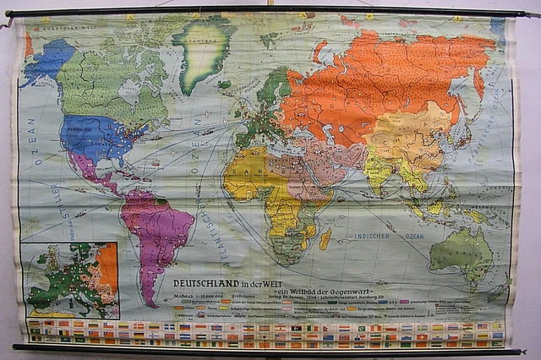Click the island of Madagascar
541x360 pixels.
pyautogui.click(x=325, y=238)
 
